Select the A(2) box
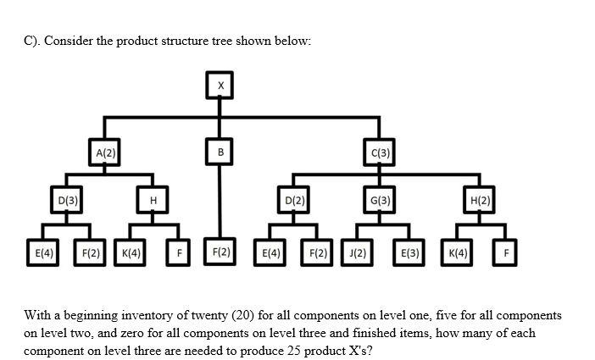[x=105, y=153]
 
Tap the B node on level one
[x=220, y=153]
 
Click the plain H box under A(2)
[x=153, y=201]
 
